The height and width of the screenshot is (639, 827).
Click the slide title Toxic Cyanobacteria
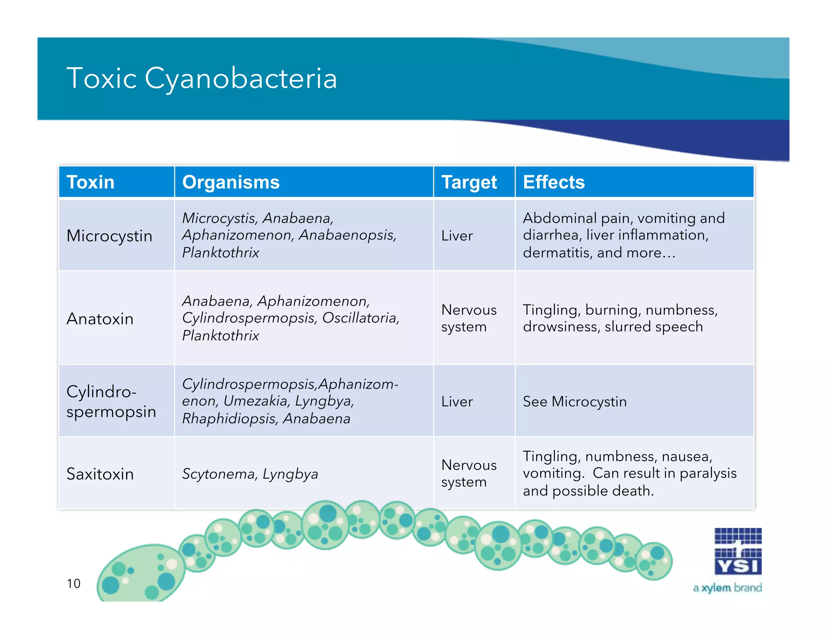pos(202,78)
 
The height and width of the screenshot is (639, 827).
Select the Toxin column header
pos(90,182)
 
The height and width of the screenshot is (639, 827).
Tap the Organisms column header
pos(231,182)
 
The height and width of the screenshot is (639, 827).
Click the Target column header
pos(469,183)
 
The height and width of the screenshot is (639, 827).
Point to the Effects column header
pos(554,182)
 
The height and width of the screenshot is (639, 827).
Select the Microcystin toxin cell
pos(109,236)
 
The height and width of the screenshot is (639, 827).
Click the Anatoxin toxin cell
pos(100,319)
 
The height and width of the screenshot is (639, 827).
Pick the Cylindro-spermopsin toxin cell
pos(111,401)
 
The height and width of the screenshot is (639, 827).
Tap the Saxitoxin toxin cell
pos(100,474)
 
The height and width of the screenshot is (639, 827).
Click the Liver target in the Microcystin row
pos(457,236)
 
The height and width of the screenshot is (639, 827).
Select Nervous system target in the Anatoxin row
pos(468,318)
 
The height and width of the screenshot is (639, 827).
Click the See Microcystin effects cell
pos(575,401)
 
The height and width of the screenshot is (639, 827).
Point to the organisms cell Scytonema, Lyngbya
pos(250,474)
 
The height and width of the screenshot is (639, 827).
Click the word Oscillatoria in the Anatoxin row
pos(360,318)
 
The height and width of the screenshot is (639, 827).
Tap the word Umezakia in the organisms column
pos(256,401)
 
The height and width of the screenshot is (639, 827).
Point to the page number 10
pos(73,583)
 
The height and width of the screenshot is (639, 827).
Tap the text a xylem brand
pos(727,588)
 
